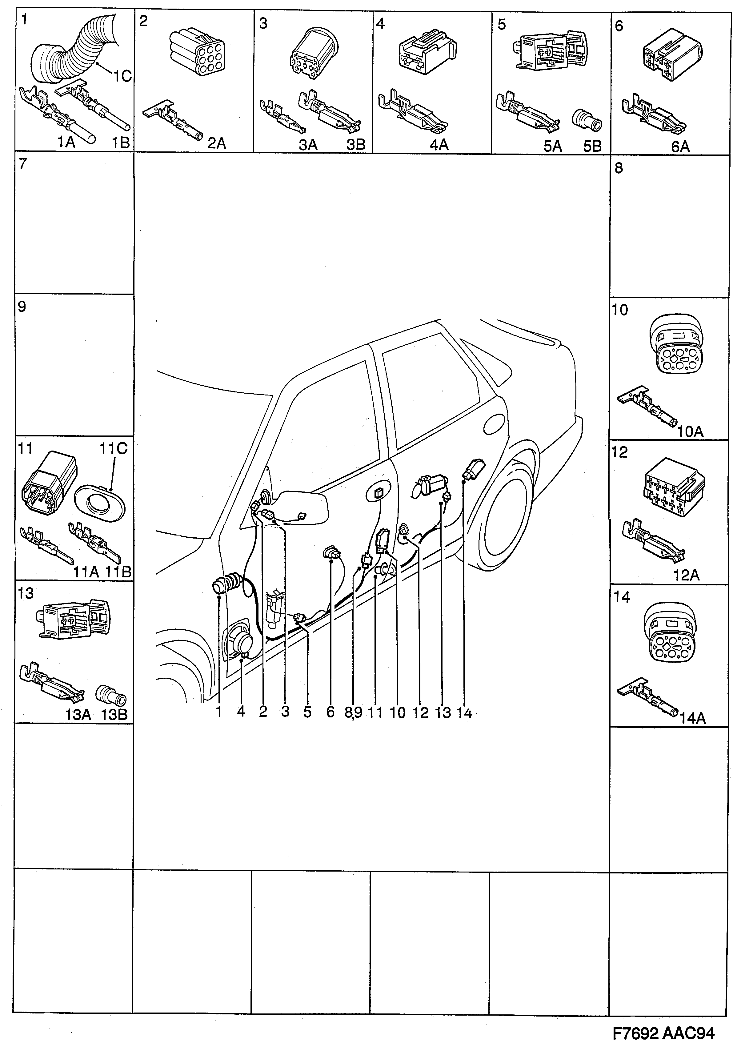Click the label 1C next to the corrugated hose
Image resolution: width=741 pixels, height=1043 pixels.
pyautogui.click(x=122, y=76)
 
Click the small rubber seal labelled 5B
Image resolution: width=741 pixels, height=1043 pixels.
pyautogui.click(x=587, y=120)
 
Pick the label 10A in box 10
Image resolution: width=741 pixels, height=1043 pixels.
pyautogui.click(x=690, y=431)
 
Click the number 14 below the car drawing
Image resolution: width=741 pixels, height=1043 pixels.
pyautogui.click(x=464, y=712)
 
